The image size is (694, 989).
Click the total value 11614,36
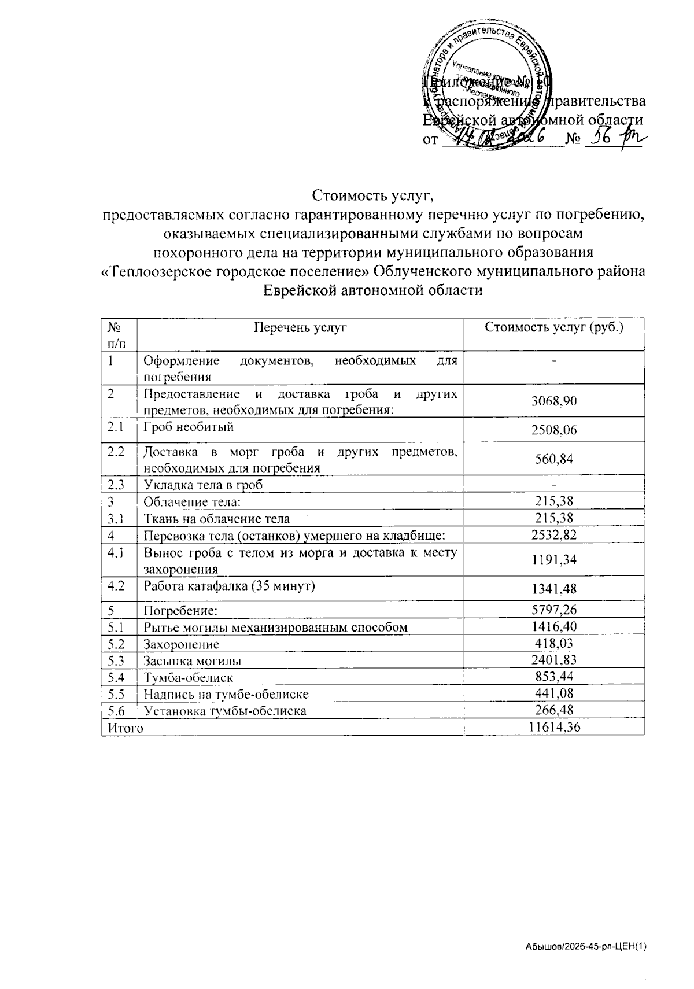pos(554,728)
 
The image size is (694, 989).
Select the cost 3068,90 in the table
pos(554,401)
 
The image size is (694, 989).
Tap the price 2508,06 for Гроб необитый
pos(554,430)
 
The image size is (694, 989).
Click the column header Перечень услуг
pos(300,328)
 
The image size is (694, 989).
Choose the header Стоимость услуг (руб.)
pos(554,327)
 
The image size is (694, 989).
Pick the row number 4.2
pos(116,585)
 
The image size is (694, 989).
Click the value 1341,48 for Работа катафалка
pos(554,589)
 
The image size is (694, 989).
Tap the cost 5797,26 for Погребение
pos(554,610)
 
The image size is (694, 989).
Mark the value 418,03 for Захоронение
pos(554,644)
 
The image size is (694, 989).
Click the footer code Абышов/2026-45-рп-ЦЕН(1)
pos(585,947)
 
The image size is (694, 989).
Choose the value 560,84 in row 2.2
pos(554,459)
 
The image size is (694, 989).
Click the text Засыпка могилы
pos(193,660)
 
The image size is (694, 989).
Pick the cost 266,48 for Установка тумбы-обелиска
pos(554,710)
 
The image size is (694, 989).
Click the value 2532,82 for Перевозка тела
pos(554,535)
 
